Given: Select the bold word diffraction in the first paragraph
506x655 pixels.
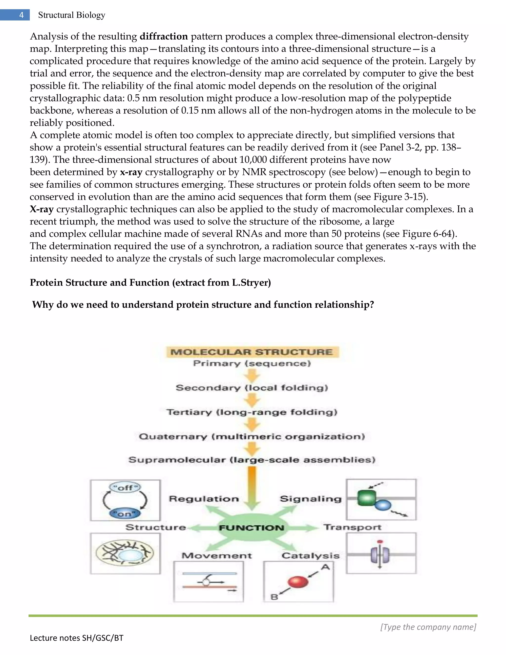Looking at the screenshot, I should [x=164, y=36].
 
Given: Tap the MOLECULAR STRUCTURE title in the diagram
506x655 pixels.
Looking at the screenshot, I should [x=252, y=352].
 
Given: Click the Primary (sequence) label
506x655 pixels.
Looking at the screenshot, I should [x=252, y=364].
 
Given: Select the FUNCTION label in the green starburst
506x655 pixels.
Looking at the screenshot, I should [x=252, y=528].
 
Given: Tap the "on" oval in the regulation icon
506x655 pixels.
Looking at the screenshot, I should [x=125, y=514].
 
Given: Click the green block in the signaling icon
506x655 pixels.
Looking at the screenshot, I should [x=366, y=498].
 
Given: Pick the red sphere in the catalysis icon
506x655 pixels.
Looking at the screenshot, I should [x=298, y=582].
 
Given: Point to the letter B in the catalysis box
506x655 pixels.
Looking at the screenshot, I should [x=274, y=597].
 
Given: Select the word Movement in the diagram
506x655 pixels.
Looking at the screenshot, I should [x=217, y=556].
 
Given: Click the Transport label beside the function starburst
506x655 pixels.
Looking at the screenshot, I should [x=353, y=527].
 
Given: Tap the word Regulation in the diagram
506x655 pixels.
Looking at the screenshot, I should [x=204, y=499].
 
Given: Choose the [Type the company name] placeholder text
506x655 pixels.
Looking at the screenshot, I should [x=428, y=627].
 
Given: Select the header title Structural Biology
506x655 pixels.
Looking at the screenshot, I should [x=72, y=15].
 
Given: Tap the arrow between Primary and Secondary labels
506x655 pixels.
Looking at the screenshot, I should [x=252, y=375].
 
